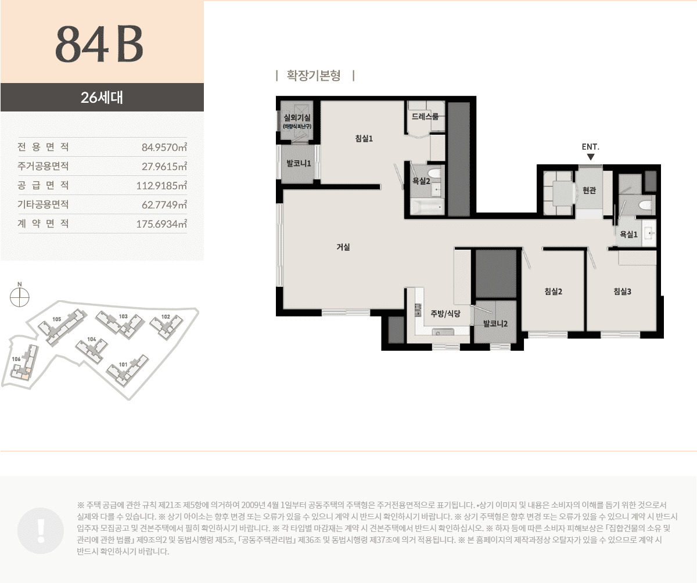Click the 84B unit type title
pyautogui.click(x=99, y=44)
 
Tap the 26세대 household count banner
pyautogui.click(x=102, y=97)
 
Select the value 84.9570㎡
pyautogui.click(x=164, y=147)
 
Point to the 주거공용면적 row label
pyautogui.click(x=44, y=166)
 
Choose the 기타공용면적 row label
pyautogui.click(x=44, y=204)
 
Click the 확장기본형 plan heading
pyautogui.click(x=314, y=75)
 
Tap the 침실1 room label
pyautogui.click(x=364, y=138)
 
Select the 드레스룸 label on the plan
pyautogui.click(x=425, y=117)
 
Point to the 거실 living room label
pyautogui.click(x=343, y=247)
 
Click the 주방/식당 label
pyautogui.click(x=445, y=314)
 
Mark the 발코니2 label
pyautogui.click(x=495, y=323)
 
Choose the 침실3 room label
pyautogui.click(x=622, y=291)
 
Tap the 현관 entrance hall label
pyautogui.click(x=590, y=190)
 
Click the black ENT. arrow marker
pyautogui.click(x=591, y=157)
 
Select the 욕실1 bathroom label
pyautogui.click(x=629, y=235)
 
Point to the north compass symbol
pyautogui.click(x=20, y=296)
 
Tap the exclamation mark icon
pyautogui.click(x=41, y=529)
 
